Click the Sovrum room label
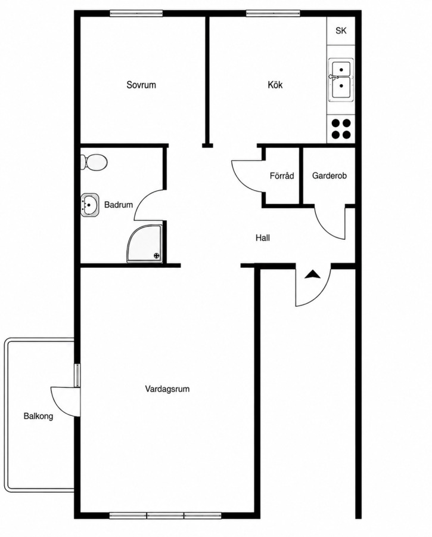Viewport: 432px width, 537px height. (141, 85)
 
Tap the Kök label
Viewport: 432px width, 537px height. (275, 85)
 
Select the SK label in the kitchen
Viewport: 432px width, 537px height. (341, 31)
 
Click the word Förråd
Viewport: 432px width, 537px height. (281, 175)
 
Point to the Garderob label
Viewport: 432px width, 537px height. (330, 175)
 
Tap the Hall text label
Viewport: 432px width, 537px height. (263, 237)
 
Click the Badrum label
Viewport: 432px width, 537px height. (119, 205)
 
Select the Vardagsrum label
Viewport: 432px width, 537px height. (167, 389)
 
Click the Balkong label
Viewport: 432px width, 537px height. (38, 416)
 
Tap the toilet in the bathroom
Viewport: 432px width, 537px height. (94, 162)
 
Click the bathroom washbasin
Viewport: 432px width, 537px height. (89, 205)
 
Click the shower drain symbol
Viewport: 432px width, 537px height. (157, 255)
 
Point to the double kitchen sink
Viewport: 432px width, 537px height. (341, 80)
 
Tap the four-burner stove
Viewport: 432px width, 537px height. (341, 129)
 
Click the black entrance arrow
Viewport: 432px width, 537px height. (312, 274)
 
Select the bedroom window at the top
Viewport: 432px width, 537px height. (136, 13)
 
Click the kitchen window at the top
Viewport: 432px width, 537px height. (273, 13)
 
